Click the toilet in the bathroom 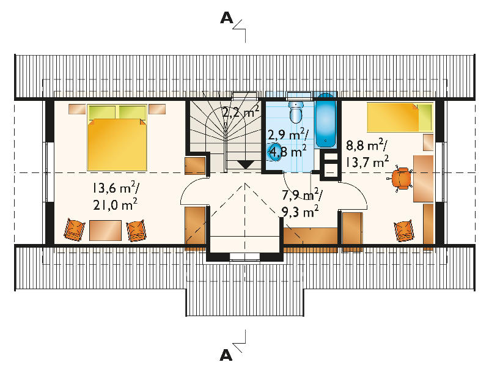pyautogui.click(x=296, y=112)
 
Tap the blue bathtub pyautogui.click(x=326, y=120)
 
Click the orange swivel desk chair pyautogui.click(x=400, y=178)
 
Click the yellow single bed pyautogui.click(x=400, y=117)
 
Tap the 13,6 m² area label pyautogui.click(x=115, y=188)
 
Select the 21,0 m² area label pyautogui.click(x=115, y=205)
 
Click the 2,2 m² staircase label pyautogui.click(x=240, y=111)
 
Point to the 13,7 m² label pyautogui.click(x=367, y=162)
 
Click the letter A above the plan pyautogui.click(x=226, y=18)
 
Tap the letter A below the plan pyautogui.click(x=226, y=355)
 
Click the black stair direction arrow pyautogui.click(x=246, y=164)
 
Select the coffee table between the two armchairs pyautogui.click(x=105, y=231)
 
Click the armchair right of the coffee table pyautogui.click(x=136, y=231)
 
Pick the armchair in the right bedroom pyautogui.click(x=404, y=231)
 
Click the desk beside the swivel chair pyautogui.click(x=423, y=179)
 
